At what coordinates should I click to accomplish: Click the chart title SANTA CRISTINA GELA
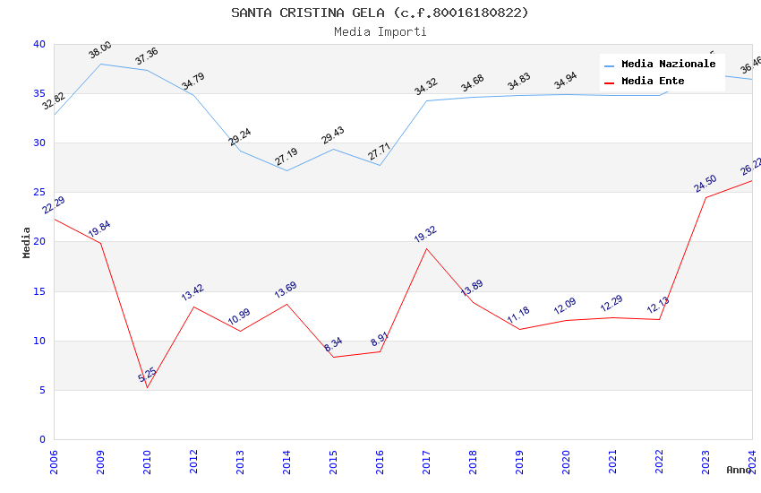tap(380, 13)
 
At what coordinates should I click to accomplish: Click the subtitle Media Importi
tap(380, 31)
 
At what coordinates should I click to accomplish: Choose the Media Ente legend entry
tap(653, 82)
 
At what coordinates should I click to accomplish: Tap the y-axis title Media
tap(27, 242)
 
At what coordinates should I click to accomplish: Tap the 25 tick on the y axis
tap(39, 193)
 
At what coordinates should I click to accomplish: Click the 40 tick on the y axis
tap(39, 45)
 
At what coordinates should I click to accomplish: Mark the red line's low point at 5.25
tap(147, 387)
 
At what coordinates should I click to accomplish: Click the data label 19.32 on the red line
tap(425, 235)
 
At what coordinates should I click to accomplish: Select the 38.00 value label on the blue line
tap(99, 50)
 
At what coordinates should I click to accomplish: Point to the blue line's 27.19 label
tap(286, 157)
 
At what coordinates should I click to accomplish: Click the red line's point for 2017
tap(426, 248)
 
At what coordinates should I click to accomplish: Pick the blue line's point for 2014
tap(286, 170)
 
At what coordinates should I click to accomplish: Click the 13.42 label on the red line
tap(192, 292)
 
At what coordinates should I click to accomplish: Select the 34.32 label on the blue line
tap(425, 87)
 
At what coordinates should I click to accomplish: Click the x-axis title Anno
tap(740, 470)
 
